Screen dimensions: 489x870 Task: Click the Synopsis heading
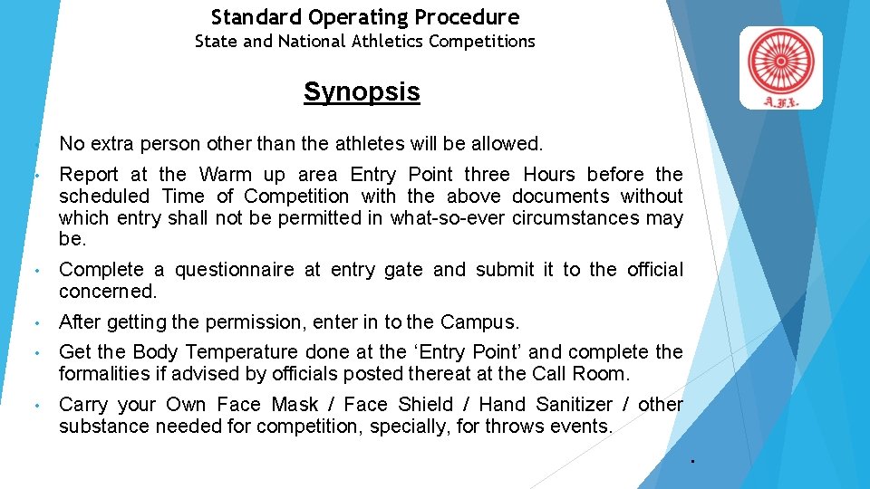[362, 91]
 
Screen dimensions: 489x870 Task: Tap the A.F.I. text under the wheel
[780, 101]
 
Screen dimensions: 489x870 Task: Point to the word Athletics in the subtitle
[387, 41]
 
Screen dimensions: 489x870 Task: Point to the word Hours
[550, 174]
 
